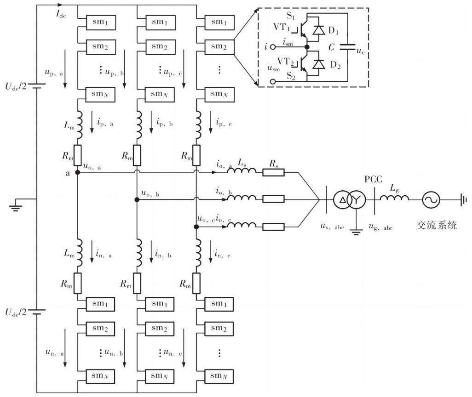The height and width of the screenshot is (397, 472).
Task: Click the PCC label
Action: click(x=373, y=179)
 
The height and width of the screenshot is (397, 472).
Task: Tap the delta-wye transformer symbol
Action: click(x=349, y=199)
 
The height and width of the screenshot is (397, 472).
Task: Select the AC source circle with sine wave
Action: click(x=431, y=200)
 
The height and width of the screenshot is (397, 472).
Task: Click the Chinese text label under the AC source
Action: click(x=437, y=225)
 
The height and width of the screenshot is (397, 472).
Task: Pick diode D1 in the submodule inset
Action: click(x=319, y=30)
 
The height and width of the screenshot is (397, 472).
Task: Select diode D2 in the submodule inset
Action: click(x=319, y=64)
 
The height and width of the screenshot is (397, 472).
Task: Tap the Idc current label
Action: click(x=61, y=14)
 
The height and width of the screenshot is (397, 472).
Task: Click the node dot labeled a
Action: click(x=77, y=172)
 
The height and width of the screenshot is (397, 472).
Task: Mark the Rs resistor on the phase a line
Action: click(x=273, y=172)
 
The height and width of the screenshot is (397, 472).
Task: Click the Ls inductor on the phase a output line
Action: click(x=242, y=170)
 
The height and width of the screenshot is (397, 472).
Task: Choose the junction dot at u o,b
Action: click(x=137, y=199)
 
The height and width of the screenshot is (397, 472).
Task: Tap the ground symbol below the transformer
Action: click(x=356, y=232)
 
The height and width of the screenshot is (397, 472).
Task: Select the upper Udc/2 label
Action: click(x=16, y=86)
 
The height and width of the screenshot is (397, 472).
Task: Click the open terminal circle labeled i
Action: click(x=273, y=47)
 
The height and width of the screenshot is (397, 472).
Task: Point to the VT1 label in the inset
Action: click(x=282, y=28)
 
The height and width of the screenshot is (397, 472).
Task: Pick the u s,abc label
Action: click(x=332, y=226)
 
